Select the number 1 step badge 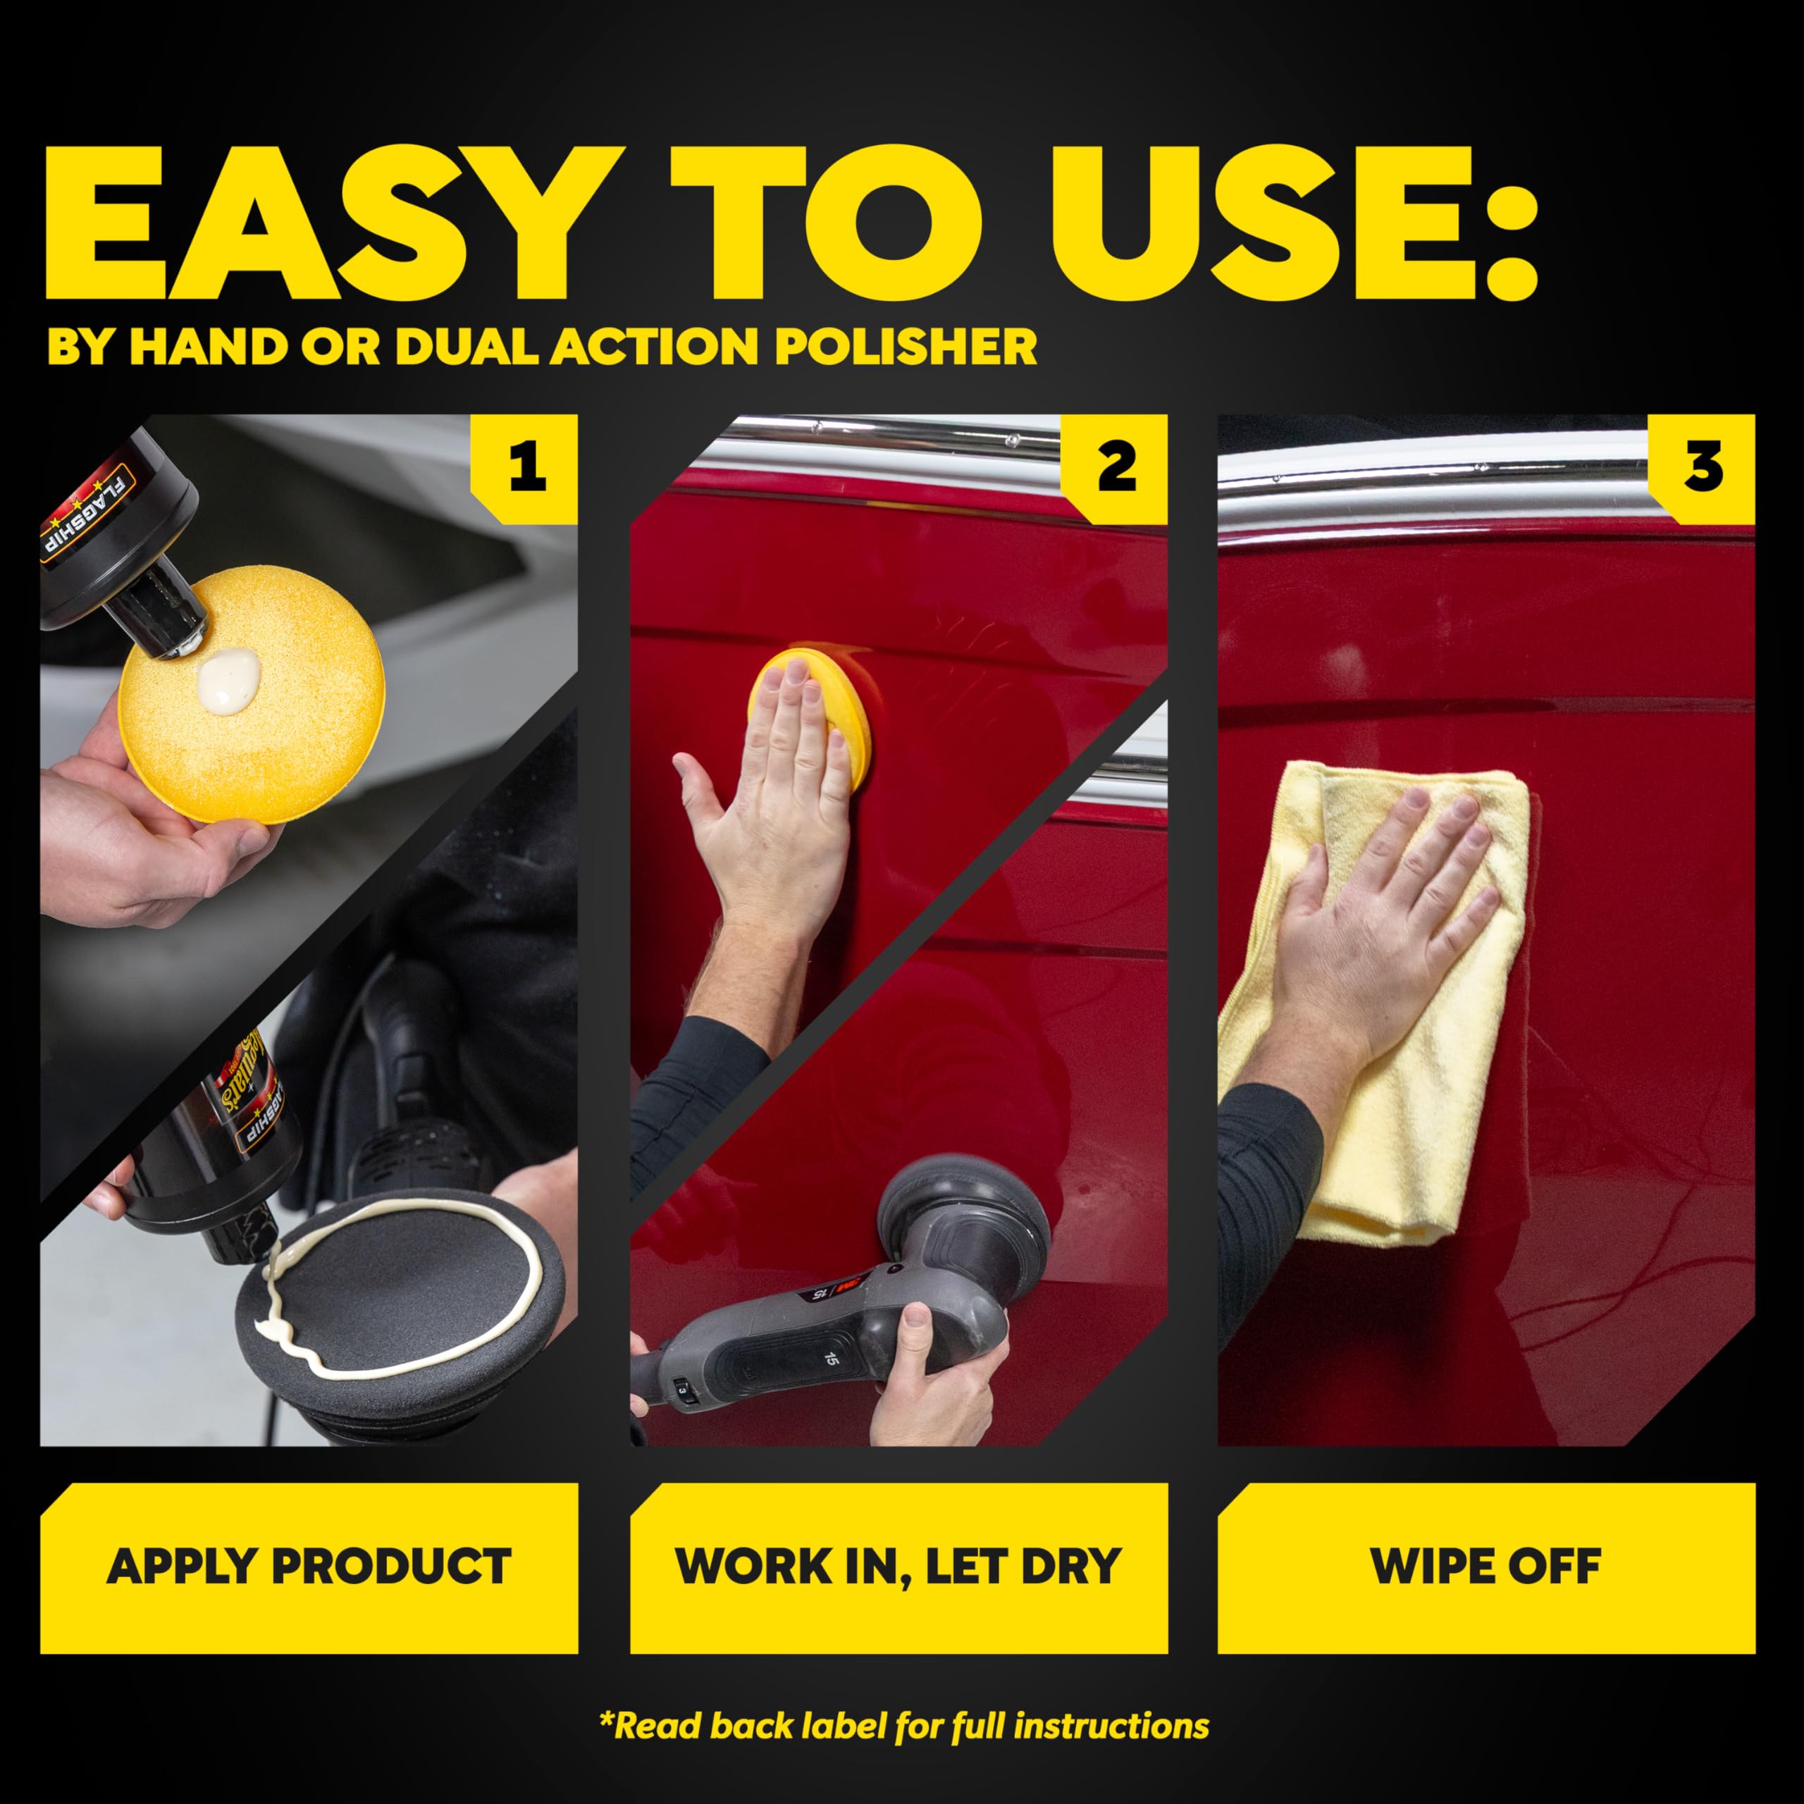526,467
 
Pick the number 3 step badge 1703,467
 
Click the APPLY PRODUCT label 309,1567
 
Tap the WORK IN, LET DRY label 898,1567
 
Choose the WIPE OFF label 1485,1567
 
